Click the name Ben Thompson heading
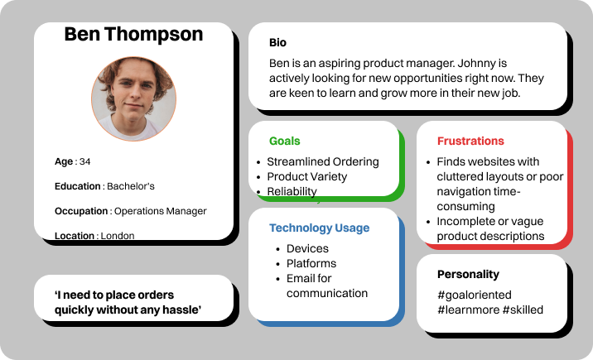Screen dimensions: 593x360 133,35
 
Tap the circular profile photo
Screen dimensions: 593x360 133,99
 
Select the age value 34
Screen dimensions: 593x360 84,161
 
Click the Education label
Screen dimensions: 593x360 78,186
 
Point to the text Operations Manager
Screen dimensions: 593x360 161,211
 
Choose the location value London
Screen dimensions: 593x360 118,236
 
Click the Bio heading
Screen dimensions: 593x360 277,43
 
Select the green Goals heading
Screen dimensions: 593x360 284,141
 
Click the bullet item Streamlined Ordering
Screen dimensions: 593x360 323,161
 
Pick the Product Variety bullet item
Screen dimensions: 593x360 306,177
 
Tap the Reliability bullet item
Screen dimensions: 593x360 292,191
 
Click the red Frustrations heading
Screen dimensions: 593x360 470,141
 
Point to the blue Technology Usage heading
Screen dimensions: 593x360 319,228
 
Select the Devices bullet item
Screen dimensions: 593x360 307,248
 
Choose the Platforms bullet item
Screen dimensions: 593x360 311,263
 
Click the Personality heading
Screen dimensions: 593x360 468,274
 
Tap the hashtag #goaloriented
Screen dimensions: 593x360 475,295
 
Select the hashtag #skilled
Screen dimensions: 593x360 523,310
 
